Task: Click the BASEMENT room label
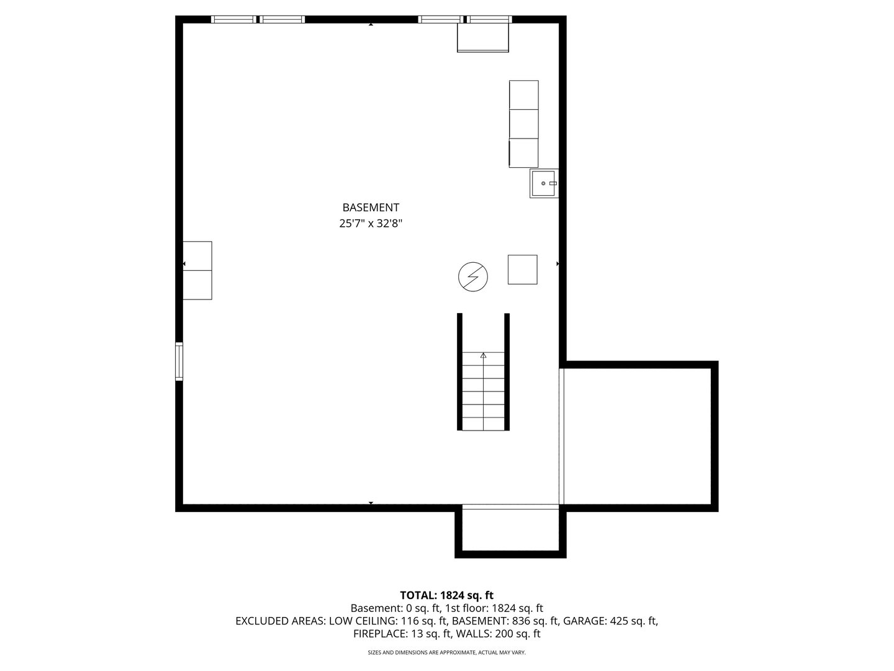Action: click(x=371, y=208)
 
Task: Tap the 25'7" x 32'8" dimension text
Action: click(x=371, y=223)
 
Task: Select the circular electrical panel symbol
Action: click(x=473, y=276)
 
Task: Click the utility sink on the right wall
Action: click(x=544, y=183)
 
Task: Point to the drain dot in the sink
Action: click(x=543, y=183)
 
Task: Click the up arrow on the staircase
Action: click(x=484, y=355)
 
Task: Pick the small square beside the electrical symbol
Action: click(x=523, y=270)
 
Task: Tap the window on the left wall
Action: click(x=179, y=362)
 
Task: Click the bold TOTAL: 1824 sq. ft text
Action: click(x=447, y=595)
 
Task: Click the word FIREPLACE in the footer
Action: click(x=381, y=634)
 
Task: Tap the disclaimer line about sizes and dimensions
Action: click(x=447, y=652)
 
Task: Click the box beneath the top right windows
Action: click(x=483, y=37)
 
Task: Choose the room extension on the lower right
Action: click(x=638, y=436)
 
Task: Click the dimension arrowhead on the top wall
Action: click(x=371, y=24)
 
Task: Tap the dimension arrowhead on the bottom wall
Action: click(x=371, y=503)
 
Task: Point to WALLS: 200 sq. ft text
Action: click(x=498, y=634)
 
